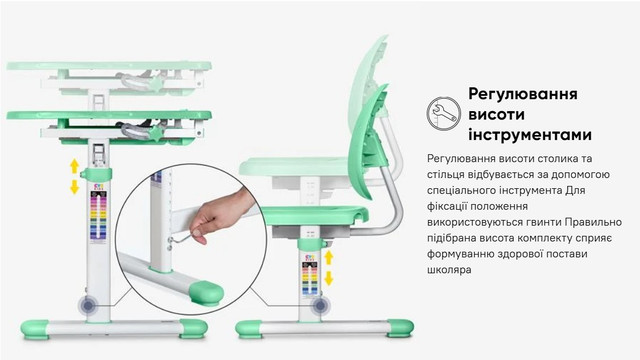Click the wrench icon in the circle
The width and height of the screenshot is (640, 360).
pos(444,113)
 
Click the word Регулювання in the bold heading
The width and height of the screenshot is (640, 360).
pos(523,93)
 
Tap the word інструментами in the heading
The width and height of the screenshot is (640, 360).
pos(530,135)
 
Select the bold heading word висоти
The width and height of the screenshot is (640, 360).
pos(496,114)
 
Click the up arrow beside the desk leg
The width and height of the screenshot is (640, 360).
pos(74,166)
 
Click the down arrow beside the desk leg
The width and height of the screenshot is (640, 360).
pos(74,187)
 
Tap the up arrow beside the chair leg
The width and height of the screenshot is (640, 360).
pos(329,258)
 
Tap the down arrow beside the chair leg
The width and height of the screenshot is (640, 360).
pos(329,279)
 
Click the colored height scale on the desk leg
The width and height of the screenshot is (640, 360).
pos(98,217)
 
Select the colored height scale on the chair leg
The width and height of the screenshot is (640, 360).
pos(310,278)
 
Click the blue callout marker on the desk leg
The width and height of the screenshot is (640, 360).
pos(88,305)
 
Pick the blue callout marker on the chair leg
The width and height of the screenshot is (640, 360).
pos(320,305)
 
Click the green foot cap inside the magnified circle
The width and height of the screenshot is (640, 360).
pos(206,293)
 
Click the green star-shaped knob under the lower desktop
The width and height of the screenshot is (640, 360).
pos(156,133)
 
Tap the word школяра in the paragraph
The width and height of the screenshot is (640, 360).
pos(449,270)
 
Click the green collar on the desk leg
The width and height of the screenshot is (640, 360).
pos(97,174)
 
